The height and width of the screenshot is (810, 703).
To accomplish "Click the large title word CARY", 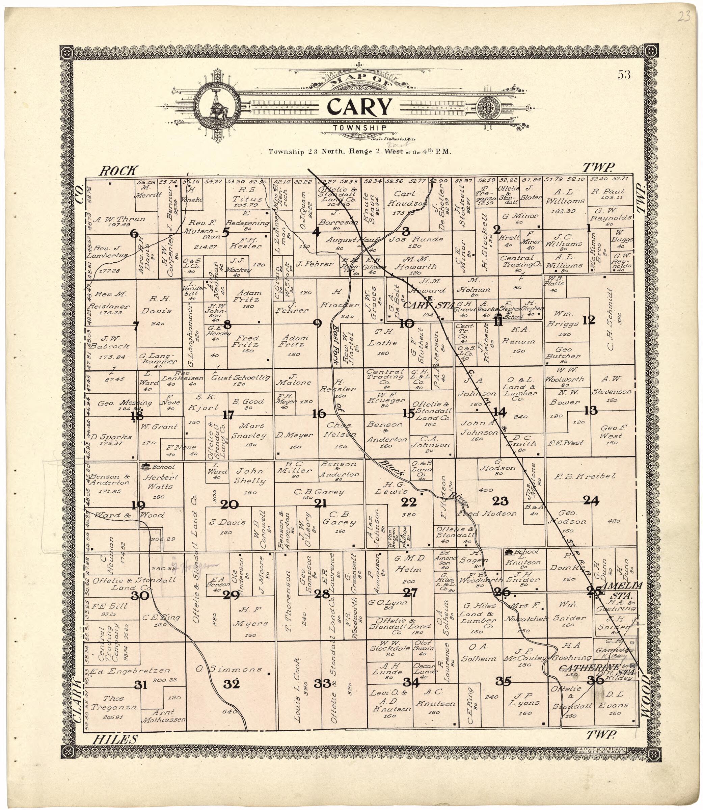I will pos(359,107).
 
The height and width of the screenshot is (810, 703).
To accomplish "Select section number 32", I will pos(232,684).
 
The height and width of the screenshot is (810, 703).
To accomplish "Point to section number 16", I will pos(319,414).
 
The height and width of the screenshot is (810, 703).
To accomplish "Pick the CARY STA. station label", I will pos(428,305).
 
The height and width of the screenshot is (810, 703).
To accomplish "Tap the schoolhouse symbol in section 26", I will pos(509,552).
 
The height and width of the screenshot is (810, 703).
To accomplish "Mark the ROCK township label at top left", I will pos(118,170).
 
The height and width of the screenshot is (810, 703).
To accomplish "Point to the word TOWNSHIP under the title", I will pos(359,128).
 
